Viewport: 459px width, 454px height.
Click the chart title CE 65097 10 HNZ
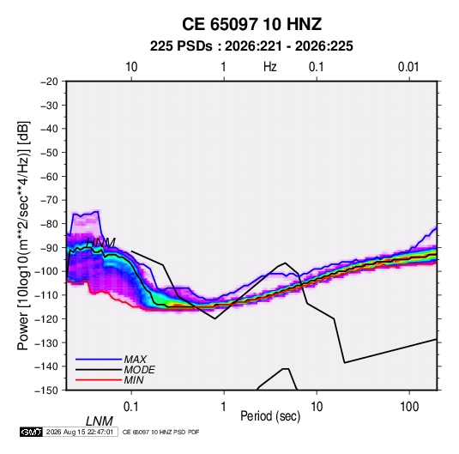click(x=251, y=24)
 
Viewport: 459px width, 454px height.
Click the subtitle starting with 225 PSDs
click(x=251, y=46)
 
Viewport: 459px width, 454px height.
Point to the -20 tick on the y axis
click(x=49, y=82)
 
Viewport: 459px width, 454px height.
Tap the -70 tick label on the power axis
click(x=49, y=200)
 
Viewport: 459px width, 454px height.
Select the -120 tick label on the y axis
click(x=47, y=318)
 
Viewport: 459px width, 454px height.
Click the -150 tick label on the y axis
click(x=47, y=390)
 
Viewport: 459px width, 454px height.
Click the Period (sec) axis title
click(x=270, y=416)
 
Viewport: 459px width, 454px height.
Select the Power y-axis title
click(x=23, y=235)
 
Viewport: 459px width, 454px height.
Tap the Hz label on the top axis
click(x=270, y=67)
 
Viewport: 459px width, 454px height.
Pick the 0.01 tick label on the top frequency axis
click(x=408, y=67)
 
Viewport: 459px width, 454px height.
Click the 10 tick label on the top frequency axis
click(x=131, y=67)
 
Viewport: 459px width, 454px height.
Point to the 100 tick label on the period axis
click(x=409, y=407)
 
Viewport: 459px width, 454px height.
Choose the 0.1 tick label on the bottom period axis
click(x=131, y=407)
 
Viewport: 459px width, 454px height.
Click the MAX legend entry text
click(x=136, y=359)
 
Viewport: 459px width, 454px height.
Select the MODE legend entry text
click(x=139, y=370)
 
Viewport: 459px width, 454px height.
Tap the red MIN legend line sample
click(x=99, y=380)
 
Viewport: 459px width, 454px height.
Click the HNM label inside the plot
click(x=101, y=243)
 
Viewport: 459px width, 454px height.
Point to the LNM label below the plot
click(x=100, y=421)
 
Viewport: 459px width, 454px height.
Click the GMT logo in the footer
click(x=32, y=432)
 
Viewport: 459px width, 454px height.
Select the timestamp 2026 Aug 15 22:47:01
click(x=80, y=432)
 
